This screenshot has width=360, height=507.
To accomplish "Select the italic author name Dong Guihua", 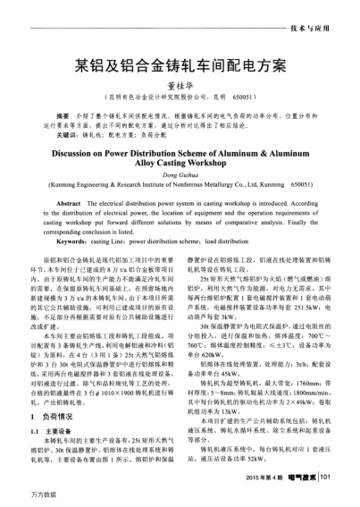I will pos(180,176).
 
